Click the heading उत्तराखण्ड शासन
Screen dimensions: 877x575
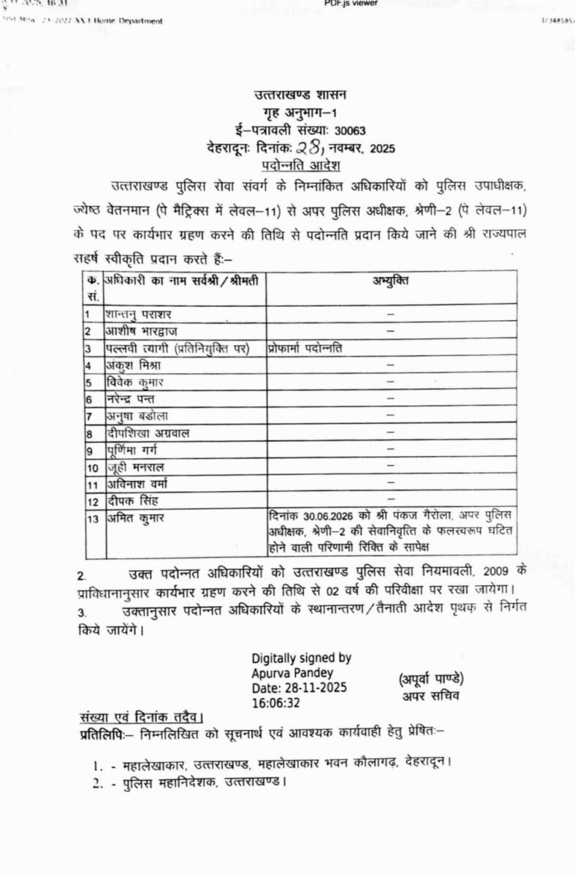pyautogui.click(x=300, y=95)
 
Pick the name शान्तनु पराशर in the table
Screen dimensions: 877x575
pyautogui.click(x=138, y=314)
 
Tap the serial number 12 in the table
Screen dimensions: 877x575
pyautogui.click(x=93, y=501)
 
